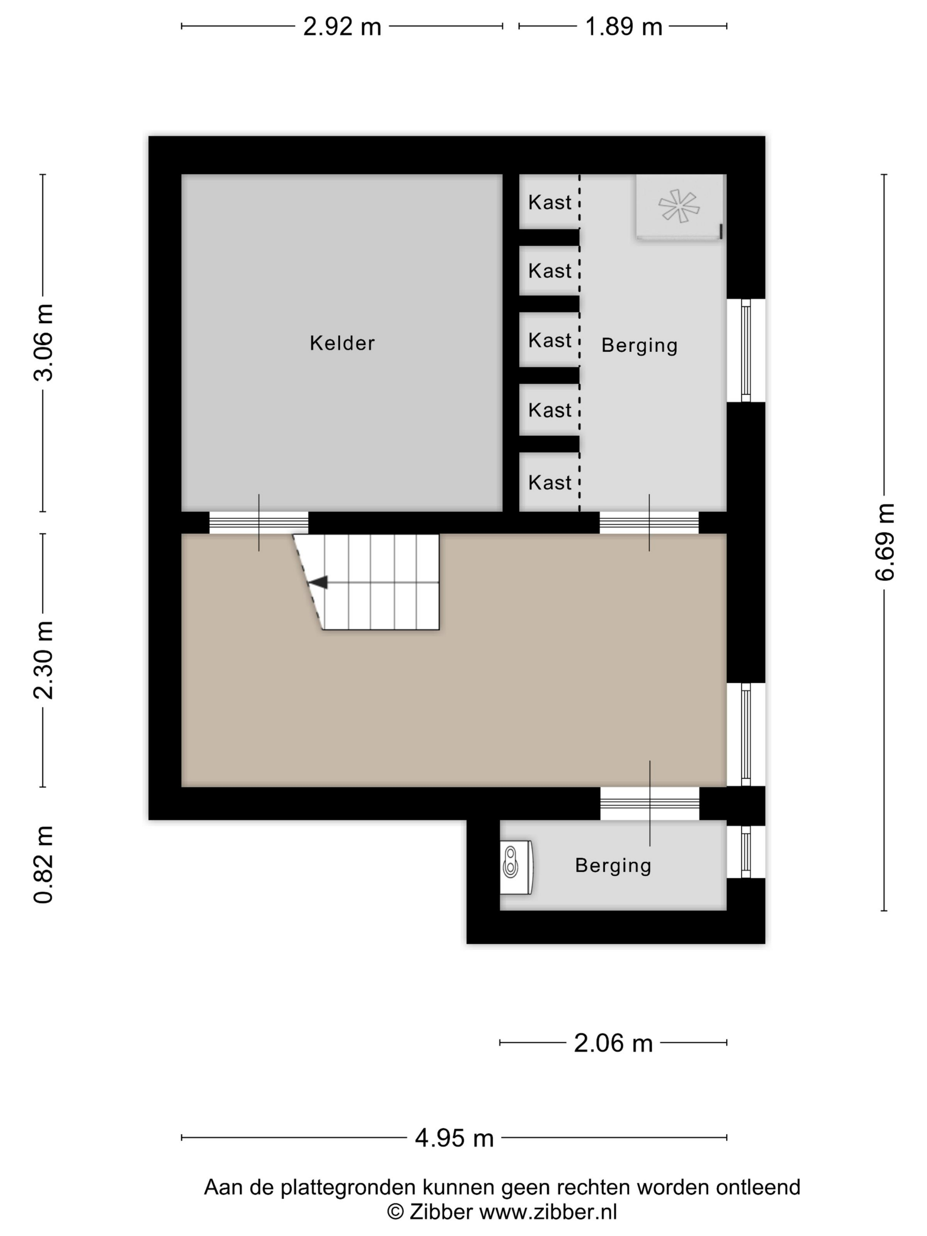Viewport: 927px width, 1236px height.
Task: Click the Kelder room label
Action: tap(342, 343)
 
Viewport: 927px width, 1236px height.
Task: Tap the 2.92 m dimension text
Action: tap(342, 26)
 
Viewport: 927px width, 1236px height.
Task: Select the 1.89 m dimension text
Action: tap(623, 26)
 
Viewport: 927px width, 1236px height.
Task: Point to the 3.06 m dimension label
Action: tap(43, 343)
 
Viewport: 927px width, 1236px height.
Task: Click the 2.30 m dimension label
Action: tap(43, 660)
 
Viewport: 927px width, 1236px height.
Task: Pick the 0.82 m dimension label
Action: tap(43, 864)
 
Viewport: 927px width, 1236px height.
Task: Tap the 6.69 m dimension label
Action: tap(885, 542)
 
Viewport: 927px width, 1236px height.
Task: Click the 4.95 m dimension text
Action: tap(454, 1138)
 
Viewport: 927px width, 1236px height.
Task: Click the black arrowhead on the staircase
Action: tap(317, 582)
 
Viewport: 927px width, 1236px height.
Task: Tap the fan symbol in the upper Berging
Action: tap(678, 206)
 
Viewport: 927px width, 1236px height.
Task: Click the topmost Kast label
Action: tap(550, 202)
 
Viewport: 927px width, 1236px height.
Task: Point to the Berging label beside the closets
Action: tap(639, 345)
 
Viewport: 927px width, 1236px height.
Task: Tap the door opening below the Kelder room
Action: tap(259, 523)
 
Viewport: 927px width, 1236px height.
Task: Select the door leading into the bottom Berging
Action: tap(650, 803)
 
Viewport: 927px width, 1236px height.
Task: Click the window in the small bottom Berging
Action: tap(746, 852)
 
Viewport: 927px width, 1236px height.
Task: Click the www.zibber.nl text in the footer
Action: tap(548, 1211)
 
